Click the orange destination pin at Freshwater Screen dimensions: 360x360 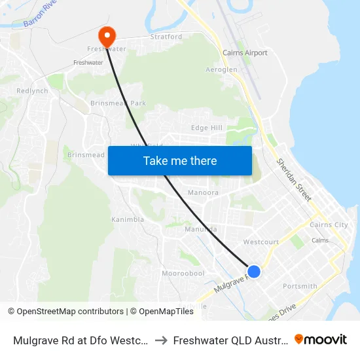click(x=106, y=35)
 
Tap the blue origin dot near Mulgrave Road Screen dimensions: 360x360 click(x=254, y=271)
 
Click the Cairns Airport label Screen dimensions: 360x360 click(x=245, y=52)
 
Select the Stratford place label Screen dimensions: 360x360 click(x=166, y=37)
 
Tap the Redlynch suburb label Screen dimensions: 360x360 click(x=32, y=91)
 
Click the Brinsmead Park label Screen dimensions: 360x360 click(x=118, y=103)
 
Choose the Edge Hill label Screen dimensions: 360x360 click(x=207, y=128)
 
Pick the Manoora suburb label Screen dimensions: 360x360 click(x=203, y=193)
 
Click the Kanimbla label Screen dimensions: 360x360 click(x=128, y=219)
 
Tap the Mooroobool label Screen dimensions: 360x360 click(x=183, y=273)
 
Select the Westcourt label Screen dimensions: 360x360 click(x=261, y=242)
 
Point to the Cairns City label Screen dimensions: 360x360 click(x=332, y=225)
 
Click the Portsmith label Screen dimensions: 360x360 click(x=300, y=286)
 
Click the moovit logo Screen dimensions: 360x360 click(x=321, y=339)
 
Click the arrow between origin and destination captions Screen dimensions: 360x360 click(x=160, y=340)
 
